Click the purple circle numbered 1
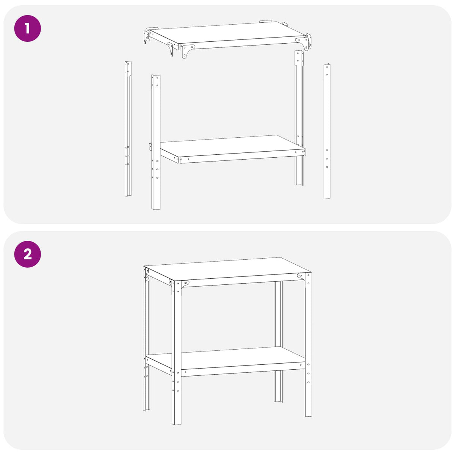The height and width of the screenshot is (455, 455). point(28,28)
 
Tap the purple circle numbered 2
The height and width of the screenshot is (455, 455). point(28,254)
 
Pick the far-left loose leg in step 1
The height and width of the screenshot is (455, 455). point(128,129)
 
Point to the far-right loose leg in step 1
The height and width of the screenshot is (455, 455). point(327,131)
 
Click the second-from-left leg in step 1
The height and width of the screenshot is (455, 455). point(156,142)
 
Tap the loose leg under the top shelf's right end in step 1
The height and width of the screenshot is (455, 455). point(299,118)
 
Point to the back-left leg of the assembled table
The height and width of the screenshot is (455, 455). point(146,338)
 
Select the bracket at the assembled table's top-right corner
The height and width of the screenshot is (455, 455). point(301,277)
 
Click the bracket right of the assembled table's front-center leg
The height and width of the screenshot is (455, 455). point(185,284)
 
